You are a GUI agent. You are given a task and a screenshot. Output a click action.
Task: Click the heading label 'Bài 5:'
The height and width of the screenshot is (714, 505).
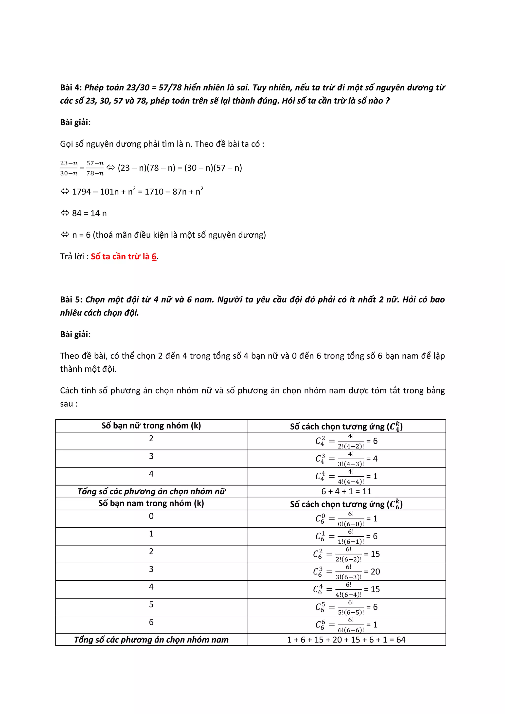71,300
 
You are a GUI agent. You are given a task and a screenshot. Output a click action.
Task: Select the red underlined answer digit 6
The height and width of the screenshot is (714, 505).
154,257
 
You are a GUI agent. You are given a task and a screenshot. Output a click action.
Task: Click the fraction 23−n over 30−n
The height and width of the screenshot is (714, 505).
69,168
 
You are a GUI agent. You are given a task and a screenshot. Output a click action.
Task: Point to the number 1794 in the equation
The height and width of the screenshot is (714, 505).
81,192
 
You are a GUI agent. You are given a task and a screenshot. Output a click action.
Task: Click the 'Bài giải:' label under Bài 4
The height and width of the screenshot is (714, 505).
75,122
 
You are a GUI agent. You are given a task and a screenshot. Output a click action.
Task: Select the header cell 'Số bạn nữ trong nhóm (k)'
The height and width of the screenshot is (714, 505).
151,426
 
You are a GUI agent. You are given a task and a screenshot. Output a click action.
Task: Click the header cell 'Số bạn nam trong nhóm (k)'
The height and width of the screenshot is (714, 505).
151,503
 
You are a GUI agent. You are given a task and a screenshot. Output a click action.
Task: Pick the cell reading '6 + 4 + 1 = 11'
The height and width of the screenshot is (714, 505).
346,491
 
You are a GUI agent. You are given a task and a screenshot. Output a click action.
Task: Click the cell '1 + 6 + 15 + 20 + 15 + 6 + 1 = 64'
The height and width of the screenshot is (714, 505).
346,640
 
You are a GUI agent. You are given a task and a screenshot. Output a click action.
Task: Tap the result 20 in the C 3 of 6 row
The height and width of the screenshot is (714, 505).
375,571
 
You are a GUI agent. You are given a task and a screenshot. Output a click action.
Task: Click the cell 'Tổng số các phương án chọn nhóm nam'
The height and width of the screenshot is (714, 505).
151,640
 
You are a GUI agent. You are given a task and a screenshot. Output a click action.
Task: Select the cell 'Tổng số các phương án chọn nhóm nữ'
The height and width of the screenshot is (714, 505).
151,491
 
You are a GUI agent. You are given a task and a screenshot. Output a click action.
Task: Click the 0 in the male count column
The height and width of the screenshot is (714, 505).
151,516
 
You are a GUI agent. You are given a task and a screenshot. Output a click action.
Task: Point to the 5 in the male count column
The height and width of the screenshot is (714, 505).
151,605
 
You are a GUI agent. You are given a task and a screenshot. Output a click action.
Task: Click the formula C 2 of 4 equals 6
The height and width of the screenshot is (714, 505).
346,441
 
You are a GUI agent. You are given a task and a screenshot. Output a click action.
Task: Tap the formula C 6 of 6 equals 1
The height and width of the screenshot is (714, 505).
346,625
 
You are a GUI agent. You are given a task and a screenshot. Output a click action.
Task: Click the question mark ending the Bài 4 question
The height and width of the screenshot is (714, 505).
387,101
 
